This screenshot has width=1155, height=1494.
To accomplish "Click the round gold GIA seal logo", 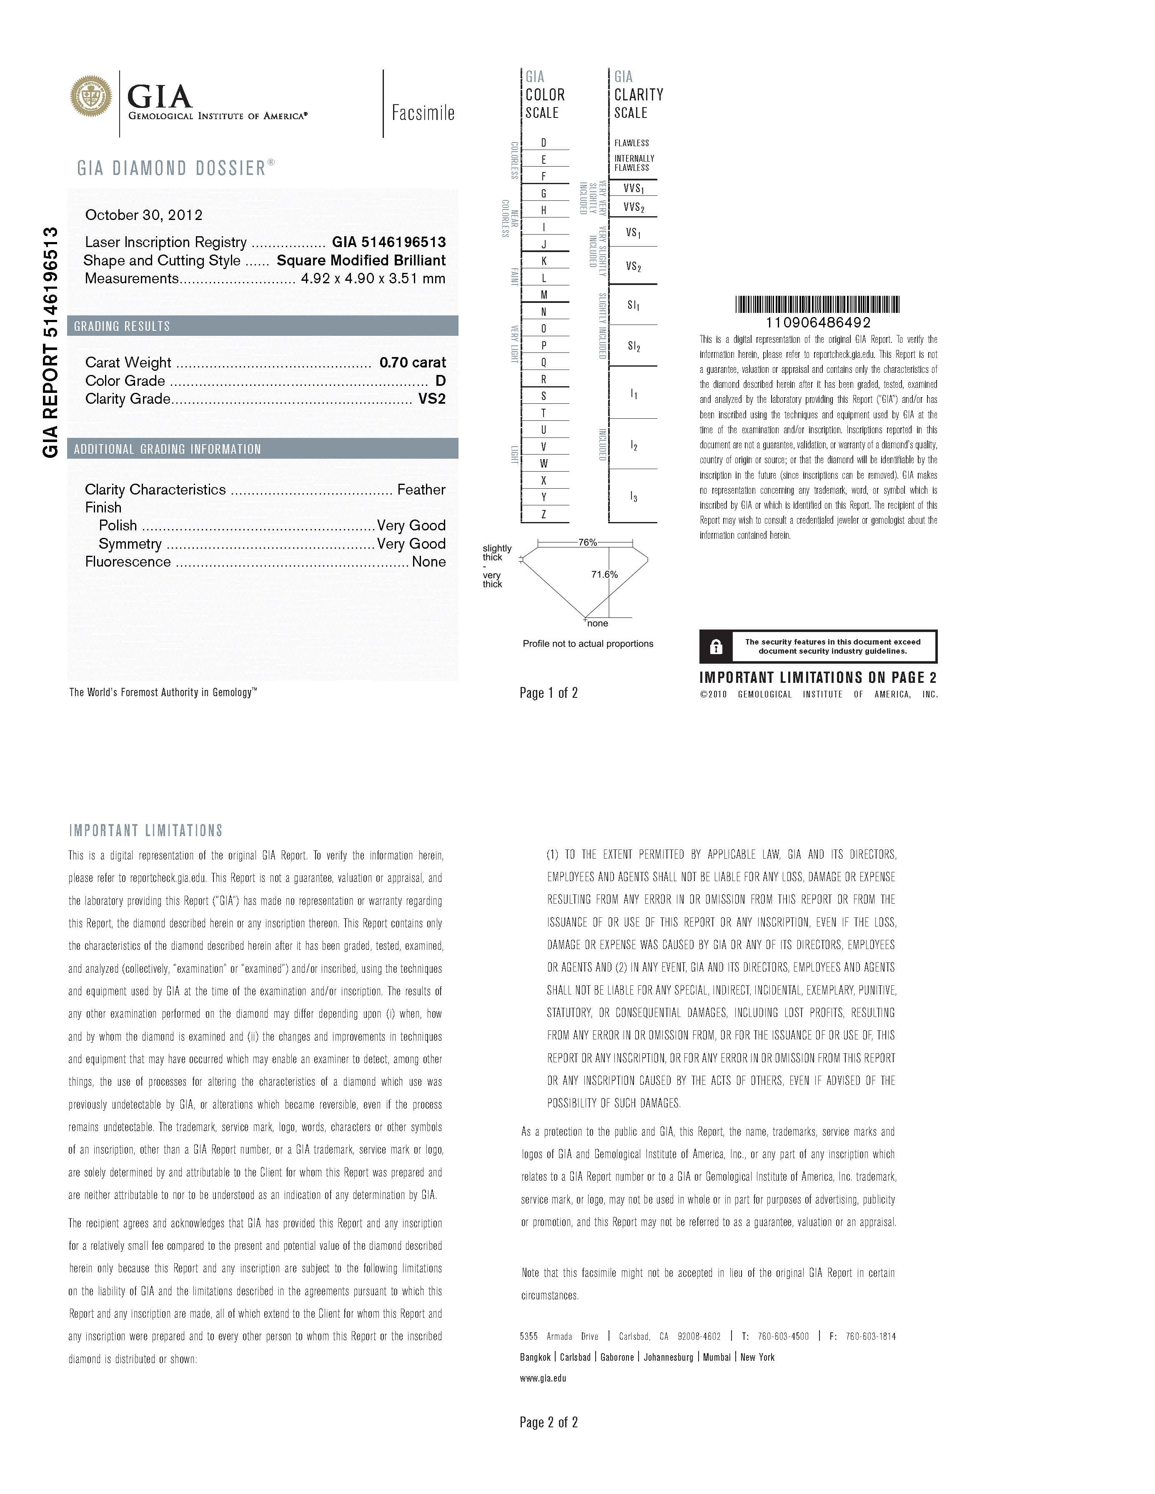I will click(x=90, y=97).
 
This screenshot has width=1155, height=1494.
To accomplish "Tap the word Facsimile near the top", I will click(x=423, y=113).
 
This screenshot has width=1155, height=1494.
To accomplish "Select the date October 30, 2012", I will click(x=144, y=215).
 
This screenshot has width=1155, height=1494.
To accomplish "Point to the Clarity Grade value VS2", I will click(x=432, y=399).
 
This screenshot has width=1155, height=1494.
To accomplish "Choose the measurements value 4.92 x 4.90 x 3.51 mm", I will click(x=373, y=278).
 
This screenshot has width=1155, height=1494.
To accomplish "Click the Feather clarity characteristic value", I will click(x=421, y=490).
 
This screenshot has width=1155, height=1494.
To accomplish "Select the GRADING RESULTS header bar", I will click(x=263, y=326).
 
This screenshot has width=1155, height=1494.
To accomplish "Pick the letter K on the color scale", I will click(x=544, y=261).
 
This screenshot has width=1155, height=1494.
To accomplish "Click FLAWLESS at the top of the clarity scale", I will click(x=631, y=143).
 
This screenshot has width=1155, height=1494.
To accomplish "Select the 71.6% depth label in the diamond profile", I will click(x=604, y=575).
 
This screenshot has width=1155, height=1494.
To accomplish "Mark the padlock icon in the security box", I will click(x=716, y=647).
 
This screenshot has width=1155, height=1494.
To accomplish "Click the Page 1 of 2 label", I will click(x=549, y=693).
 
